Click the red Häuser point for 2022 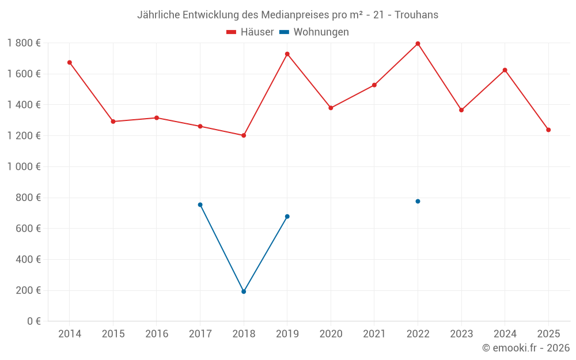point(418,44)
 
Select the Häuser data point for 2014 point(70,62)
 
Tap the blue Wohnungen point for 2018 point(244,291)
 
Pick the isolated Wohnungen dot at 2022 point(418,201)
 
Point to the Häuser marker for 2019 point(287,54)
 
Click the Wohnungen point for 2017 point(200,204)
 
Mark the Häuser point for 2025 point(548,130)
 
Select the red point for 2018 point(244,135)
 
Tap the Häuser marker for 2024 point(505,70)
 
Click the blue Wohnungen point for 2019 point(287,217)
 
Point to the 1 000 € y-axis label point(24,166)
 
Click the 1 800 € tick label point(24,43)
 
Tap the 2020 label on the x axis point(331,334)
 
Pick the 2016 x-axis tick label point(157,334)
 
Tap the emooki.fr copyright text point(526,348)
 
